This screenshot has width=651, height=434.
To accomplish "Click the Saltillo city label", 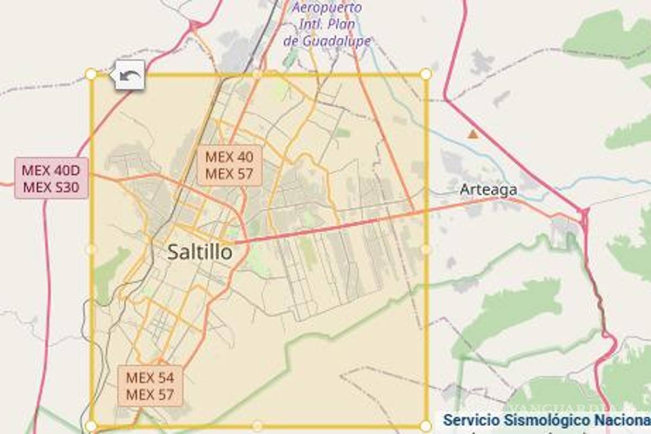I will point(200,252).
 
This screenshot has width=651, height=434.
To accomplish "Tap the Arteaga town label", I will point(488,190).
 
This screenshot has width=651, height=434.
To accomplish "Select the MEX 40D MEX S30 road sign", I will point(51,178).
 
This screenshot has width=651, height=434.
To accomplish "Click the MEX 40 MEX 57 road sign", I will point(229,165).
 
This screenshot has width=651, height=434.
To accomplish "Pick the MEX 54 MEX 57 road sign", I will point(150,386).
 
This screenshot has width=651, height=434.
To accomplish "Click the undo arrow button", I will point(130,75).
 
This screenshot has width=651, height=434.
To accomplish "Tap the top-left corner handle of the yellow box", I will point(91,74).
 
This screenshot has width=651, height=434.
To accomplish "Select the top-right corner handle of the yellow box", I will point(426,74).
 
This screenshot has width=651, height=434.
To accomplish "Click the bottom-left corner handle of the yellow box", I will point(91,426).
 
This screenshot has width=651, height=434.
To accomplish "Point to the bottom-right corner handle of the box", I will point(426,426).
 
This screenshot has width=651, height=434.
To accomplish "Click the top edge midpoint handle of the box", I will point(258,74).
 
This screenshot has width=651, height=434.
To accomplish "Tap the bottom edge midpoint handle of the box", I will point(258,426).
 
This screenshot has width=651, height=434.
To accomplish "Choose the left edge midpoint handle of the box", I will point(91,250).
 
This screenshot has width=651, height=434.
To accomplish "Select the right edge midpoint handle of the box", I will point(426,250).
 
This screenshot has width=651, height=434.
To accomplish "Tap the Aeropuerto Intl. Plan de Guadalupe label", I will point(327,24).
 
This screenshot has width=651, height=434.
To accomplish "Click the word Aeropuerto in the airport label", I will point(327,8).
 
